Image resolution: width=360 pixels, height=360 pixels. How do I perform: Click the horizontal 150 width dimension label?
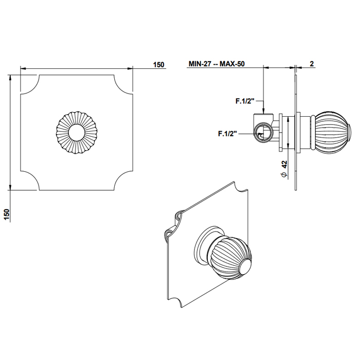[x=158, y=64]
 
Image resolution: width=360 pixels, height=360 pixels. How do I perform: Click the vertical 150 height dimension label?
[x=7, y=214]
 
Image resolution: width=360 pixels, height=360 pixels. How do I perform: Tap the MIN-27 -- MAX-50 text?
[x=217, y=64]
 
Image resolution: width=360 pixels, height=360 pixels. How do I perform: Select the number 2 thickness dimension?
[x=312, y=64]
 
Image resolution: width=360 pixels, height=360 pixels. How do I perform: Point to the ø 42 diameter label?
[x=284, y=169]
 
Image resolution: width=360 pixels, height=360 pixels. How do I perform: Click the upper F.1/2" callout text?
[x=245, y=101]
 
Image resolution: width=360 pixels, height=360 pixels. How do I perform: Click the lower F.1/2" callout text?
[x=227, y=134]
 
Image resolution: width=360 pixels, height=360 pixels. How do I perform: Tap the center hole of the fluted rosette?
[x=77, y=133]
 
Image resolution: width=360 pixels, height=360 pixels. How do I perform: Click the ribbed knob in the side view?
[x=332, y=132]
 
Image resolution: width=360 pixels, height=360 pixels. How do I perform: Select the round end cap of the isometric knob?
[x=245, y=268]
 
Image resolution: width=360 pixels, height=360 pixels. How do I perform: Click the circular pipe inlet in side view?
[x=264, y=132]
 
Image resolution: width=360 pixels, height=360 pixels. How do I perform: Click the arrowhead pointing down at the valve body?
[x=264, y=111]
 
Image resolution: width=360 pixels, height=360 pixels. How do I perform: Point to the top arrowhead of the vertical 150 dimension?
[x=10, y=78]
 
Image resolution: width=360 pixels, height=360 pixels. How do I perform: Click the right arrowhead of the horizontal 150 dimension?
[x=130, y=68]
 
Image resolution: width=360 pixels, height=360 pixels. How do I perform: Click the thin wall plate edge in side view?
[x=296, y=132]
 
